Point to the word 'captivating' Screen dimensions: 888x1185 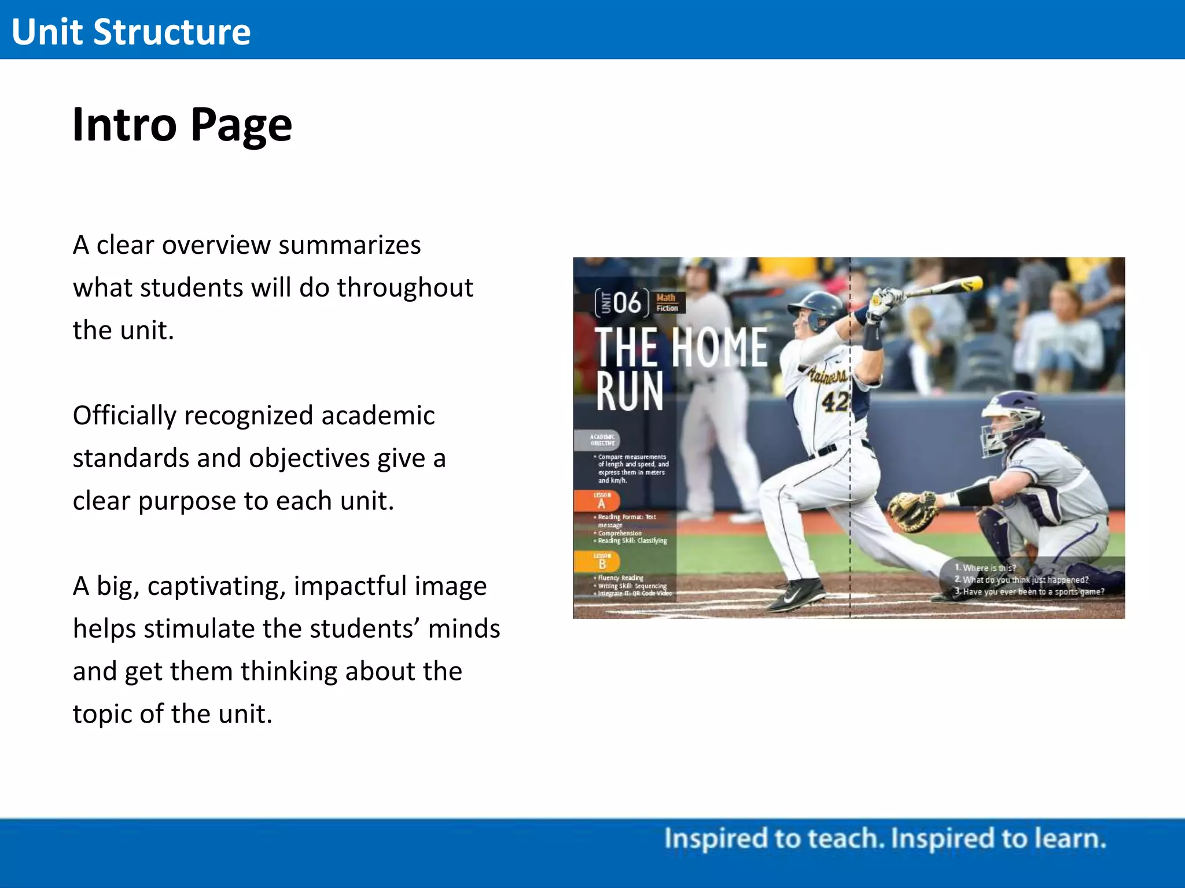(216, 586)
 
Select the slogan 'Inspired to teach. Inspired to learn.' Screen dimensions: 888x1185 (885, 839)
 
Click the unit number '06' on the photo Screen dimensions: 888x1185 (627, 302)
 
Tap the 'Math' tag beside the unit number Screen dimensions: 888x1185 (666, 297)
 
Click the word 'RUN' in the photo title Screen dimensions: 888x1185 (630, 391)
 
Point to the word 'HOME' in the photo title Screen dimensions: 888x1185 (720, 347)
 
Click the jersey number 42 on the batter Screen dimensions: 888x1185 (835, 401)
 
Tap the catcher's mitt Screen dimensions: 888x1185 (912, 510)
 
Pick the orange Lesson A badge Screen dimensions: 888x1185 (601, 501)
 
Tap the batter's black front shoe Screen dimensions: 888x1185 (799, 595)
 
